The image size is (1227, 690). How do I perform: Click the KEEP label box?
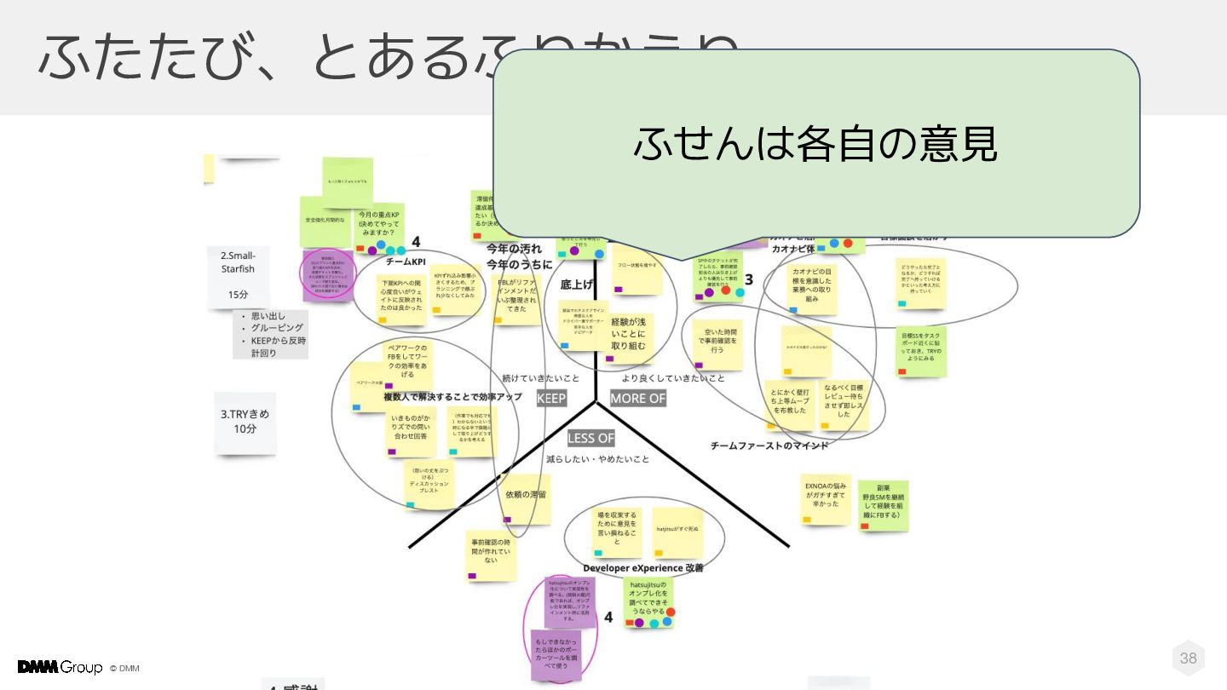click(551, 398)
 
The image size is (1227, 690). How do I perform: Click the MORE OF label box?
click(637, 398)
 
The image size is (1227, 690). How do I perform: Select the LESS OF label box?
click(590, 438)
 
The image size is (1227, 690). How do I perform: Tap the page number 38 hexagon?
click(1188, 658)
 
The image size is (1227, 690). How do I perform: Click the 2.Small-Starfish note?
click(238, 276)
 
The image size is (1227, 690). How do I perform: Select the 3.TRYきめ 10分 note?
click(245, 421)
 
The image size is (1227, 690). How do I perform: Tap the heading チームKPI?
click(406, 262)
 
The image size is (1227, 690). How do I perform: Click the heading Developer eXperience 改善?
click(643, 567)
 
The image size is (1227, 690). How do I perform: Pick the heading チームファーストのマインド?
click(769, 445)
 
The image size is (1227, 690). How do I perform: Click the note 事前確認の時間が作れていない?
click(491, 554)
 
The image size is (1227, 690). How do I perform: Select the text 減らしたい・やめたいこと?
click(597, 459)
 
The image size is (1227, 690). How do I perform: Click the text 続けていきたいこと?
click(540, 377)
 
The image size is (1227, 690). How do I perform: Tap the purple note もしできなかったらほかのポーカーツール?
click(556, 654)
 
